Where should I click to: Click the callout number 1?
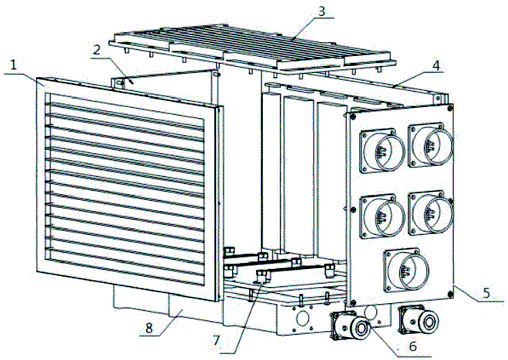13,66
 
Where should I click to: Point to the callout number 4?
436,66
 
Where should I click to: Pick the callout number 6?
412,346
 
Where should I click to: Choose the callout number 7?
216,340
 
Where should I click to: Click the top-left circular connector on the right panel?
383,150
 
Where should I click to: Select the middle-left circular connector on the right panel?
383,216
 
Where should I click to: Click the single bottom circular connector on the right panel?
406,270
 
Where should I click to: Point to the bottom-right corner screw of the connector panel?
450,294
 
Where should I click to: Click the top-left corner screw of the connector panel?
353,116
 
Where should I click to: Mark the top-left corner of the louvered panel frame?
37,77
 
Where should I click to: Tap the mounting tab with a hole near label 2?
118,83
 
